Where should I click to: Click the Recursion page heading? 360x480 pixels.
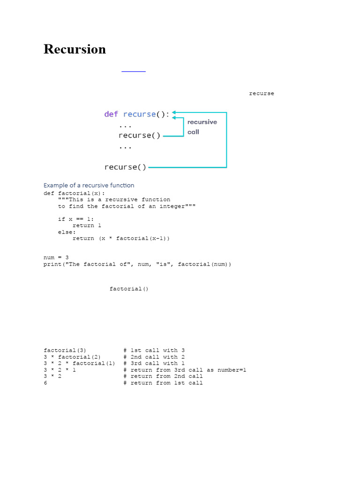tap(75, 49)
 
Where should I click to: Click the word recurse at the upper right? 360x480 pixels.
tap(262, 94)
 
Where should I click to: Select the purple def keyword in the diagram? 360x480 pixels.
tap(111, 114)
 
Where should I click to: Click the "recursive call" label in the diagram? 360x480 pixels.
tap(202, 127)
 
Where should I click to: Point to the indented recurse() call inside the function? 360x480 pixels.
tap(139, 135)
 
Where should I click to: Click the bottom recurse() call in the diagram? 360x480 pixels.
tap(125, 167)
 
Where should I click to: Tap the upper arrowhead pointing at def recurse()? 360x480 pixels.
tap(174, 112)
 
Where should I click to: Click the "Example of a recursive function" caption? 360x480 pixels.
tap(89, 185)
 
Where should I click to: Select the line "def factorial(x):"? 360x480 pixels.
tap(75, 193)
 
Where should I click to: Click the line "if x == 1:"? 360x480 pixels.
tap(76, 219)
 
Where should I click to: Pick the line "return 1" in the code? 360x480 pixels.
tap(87, 225)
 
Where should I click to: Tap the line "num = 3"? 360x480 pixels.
tap(56, 257)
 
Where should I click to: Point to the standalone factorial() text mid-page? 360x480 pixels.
tap(129, 289)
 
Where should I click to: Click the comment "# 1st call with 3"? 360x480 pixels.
tap(154, 350)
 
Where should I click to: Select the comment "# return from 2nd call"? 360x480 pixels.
tap(163, 376)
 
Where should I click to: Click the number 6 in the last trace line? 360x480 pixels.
tap(45, 383)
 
